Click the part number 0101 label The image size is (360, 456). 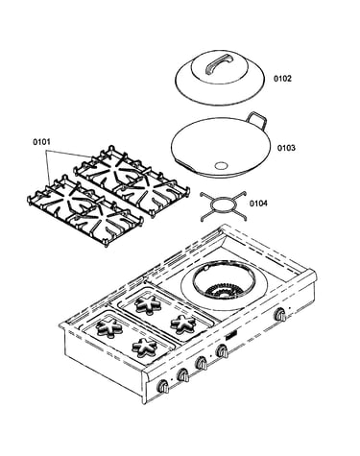tap(41, 141)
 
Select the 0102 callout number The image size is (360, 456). tap(282, 79)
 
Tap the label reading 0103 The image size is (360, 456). tap(286, 148)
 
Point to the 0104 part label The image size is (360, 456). tap(258, 204)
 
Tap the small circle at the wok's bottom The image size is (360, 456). tap(221, 165)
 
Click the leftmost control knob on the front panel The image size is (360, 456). tap(163, 387)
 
